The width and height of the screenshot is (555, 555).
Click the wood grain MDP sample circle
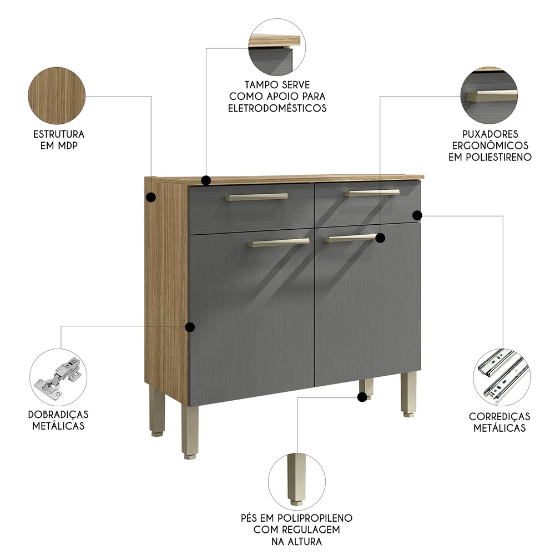pyautogui.click(x=56, y=95)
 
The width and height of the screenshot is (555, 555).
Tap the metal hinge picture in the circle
pyautogui.click(x=58, y=377)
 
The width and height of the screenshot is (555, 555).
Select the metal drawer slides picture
pyautogui.click(x=502, y=377)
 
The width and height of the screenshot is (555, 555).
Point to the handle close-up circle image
pyautogui.click(x=489, y=95)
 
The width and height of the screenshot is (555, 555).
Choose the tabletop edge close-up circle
pyautogui.click(x=276, y=46)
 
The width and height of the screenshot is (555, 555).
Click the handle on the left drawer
pyautogui.click(x=256, y=196)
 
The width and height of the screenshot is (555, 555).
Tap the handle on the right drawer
pyautogui.click(x=372, y=193)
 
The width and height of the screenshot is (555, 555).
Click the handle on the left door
pyautogui.click(x=279, y=242)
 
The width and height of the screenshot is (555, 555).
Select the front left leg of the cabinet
pyautogui.click(x=190, y=430)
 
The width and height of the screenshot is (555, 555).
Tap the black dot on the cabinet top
pyautogui.click(x=206, y=180)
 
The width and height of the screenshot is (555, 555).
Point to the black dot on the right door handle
pyautogui.click(x=380, y=238)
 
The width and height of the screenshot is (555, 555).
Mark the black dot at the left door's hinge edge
pyautogui.click(x=190, y=327)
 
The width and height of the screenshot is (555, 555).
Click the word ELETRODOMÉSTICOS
pyautogui.click(x=277, y=108)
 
